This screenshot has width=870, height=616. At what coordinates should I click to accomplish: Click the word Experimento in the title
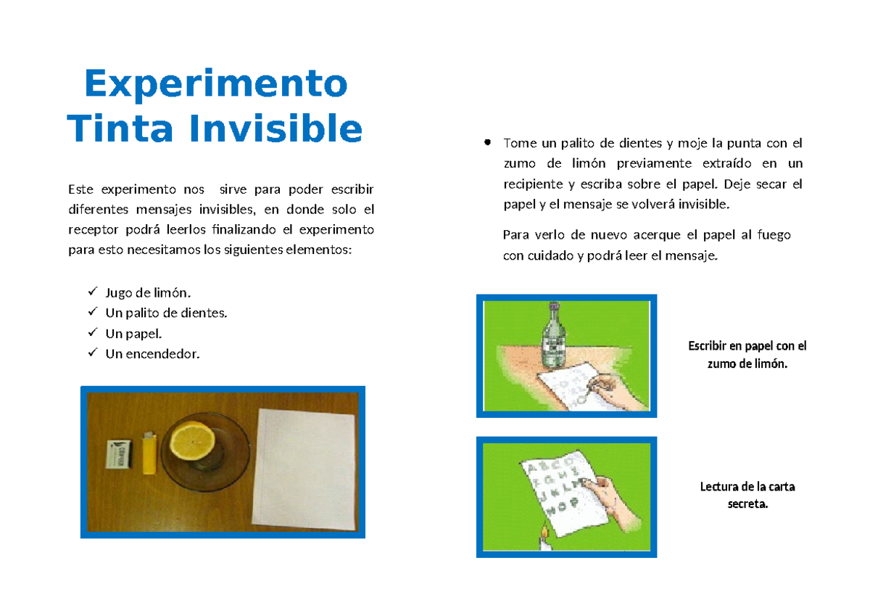tap(215, 84)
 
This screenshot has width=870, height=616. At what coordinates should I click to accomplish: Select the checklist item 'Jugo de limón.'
tap(149, 293)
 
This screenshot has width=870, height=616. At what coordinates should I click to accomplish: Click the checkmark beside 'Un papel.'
tap(92, 333)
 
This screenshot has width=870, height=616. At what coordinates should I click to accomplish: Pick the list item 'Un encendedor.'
tap(152, 354)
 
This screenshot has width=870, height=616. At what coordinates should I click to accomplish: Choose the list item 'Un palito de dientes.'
tap(166, 313)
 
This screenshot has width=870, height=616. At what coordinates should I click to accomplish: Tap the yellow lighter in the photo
tap(149, 453)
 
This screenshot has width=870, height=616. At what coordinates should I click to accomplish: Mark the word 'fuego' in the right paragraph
tap(774, 235)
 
